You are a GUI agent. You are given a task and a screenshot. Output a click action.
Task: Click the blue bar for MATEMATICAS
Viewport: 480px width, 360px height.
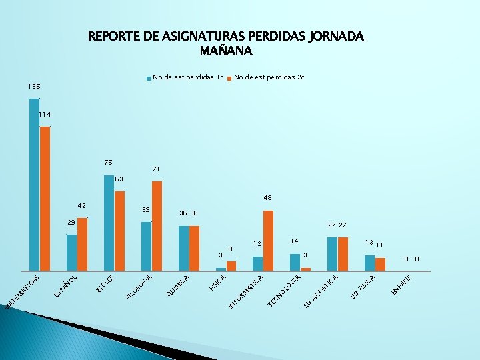pyautogui.click(x=34, y=185)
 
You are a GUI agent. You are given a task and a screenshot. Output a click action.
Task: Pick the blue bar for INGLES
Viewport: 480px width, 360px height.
pyautogui.click(x=109, y=223)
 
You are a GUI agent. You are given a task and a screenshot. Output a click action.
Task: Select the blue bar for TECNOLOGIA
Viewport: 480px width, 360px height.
pyautogui.click(x=295, y=263)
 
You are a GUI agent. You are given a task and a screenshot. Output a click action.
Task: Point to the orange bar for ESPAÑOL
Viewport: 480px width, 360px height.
pyautogui.click(x=82, y=245)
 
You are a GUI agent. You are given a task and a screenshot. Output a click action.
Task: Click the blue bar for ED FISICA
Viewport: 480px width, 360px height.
pyautogui.click(x=369, y=264)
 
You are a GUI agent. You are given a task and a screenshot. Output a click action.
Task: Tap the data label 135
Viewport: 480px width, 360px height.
pyautogui.click(x=33, y=87)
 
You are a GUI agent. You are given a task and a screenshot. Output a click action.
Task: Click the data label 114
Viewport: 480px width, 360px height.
pyautogui.click(x=45, y=115)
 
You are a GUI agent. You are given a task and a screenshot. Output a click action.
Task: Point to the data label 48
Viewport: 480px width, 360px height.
pyautogui.click(x=267, y=198)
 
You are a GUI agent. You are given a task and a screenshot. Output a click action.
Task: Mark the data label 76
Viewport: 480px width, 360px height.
pyautogui.click(x=108, y=163)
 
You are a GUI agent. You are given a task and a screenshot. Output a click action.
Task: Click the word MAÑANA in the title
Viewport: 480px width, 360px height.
pyautogui.click(x=226, y=50)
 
